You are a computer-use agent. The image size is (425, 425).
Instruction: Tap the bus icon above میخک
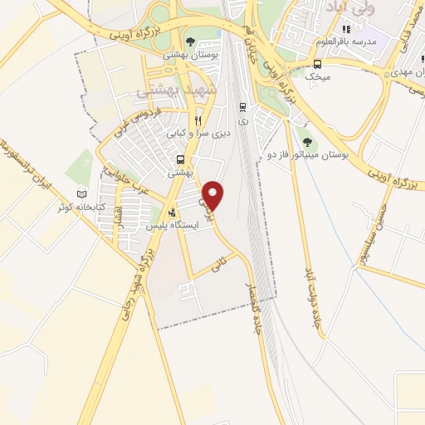pos(317,63)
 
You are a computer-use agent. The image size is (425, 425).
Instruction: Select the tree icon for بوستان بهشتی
pos(191,40)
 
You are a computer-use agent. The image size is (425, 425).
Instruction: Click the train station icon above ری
pos(242,106)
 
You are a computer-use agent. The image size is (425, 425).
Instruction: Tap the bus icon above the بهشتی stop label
pos(180,160)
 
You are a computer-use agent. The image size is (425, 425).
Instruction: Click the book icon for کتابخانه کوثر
pos(81,194)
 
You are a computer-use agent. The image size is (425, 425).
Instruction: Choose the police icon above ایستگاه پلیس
pos(172,212)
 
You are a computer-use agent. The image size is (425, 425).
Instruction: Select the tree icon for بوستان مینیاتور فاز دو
pos(308,141)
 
